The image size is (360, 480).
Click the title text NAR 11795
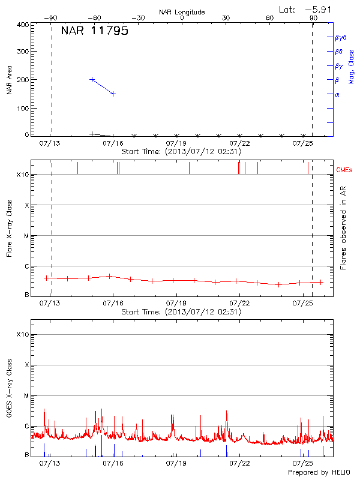[94, 31]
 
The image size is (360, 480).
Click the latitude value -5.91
[317, 9]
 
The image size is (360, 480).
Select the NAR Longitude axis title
[182, 12]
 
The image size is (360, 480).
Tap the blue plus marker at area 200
[92, 79]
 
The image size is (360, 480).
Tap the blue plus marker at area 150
[113, 94]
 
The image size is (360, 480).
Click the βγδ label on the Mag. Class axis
[340, 37]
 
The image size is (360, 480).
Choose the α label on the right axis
[337, 94]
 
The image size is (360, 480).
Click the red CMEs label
[345, 170]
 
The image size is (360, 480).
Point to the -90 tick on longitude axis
[52, 18]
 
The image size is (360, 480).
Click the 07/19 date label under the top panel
[176, 143]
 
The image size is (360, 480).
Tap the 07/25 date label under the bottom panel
[303, 463]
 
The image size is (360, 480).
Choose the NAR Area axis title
[9, 80]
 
